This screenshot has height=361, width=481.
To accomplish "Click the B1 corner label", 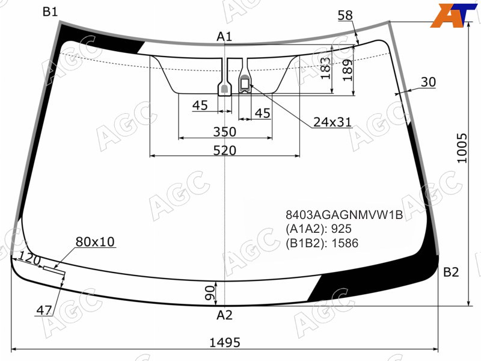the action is [x=50, y=12].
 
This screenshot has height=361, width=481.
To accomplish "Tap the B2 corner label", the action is [x=451, y=272].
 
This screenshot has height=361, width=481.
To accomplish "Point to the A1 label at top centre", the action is [x=224, y=37].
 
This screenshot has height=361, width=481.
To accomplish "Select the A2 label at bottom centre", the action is [x=224, y=315].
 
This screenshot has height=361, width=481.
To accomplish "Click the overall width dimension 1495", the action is [x=224, y=342].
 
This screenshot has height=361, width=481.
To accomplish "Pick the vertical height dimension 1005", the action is [x=462, y=148].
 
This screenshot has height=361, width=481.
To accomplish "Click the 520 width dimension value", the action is [x=225, y=150].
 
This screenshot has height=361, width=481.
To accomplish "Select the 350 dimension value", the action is [x=225, y=132].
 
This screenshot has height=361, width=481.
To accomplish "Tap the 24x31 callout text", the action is [x=332, y=122].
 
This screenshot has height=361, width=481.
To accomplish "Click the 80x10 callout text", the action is [x=95, y=242].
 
